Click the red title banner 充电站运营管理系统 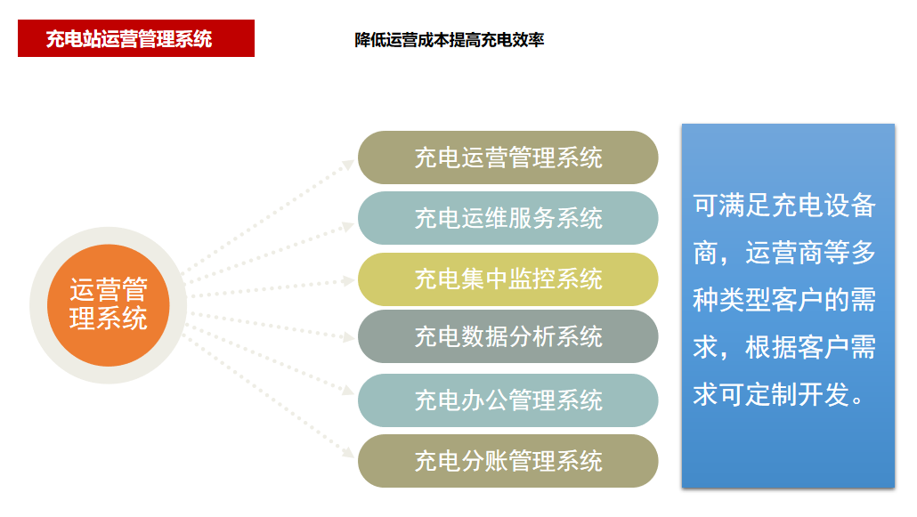point(135,38)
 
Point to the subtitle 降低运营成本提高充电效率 point(449,40)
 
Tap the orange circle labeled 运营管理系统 point(109,304)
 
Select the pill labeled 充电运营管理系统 point(507,158)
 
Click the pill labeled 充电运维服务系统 point(507,218)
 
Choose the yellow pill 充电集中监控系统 point(507,279)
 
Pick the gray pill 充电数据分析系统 point(507,336)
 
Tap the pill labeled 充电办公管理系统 point(507,400)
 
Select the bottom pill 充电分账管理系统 point(507,461)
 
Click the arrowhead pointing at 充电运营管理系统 point(348,165)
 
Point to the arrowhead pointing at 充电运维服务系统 point(349,226)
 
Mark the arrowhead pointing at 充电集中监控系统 point(349,281)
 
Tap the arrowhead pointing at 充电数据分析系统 point(349,337)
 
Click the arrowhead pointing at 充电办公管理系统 point(349,390)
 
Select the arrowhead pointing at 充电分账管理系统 point(349,452)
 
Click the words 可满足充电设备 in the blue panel point(784,206)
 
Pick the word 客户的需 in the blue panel point(824,300)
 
